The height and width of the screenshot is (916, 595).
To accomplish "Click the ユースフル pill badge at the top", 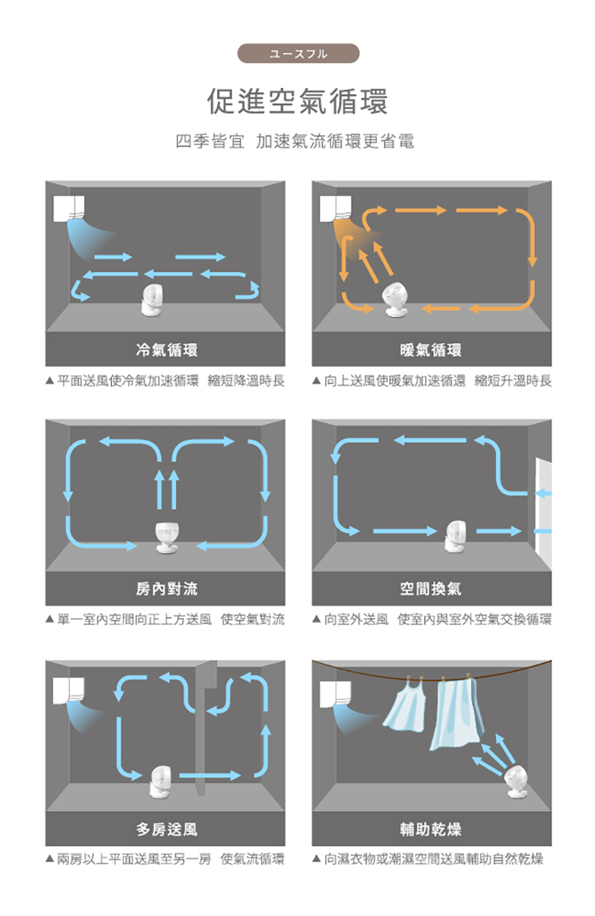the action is click(297, 53).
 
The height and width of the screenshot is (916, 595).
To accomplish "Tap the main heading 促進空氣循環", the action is click(297, 101).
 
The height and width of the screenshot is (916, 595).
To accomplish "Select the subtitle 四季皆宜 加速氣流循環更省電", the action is click(295, 141).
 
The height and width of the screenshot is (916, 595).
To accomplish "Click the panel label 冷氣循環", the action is click(167, 350).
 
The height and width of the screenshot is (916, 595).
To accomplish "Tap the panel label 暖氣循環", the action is click(431, 350).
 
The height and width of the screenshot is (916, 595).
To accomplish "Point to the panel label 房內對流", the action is click(167, 588).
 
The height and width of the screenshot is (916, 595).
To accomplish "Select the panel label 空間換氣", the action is click(431, 588).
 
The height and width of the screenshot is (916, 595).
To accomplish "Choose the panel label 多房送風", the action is click(167, 829).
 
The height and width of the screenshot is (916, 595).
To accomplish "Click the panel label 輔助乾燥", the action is click(431, 829).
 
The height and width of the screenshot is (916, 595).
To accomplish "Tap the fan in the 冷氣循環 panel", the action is click(152, 301).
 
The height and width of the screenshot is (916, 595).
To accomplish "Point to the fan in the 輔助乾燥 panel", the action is click(517, 782).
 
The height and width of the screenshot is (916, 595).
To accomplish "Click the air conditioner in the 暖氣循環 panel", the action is click(336, 208).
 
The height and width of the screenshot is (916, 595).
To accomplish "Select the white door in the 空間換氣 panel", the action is click(543, 514).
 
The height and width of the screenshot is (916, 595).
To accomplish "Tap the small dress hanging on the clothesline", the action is click(405, 705).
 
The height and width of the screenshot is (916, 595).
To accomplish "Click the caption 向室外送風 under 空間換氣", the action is click(355, 619).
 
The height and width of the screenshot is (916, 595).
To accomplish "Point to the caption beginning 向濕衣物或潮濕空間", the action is click(433, 859).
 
